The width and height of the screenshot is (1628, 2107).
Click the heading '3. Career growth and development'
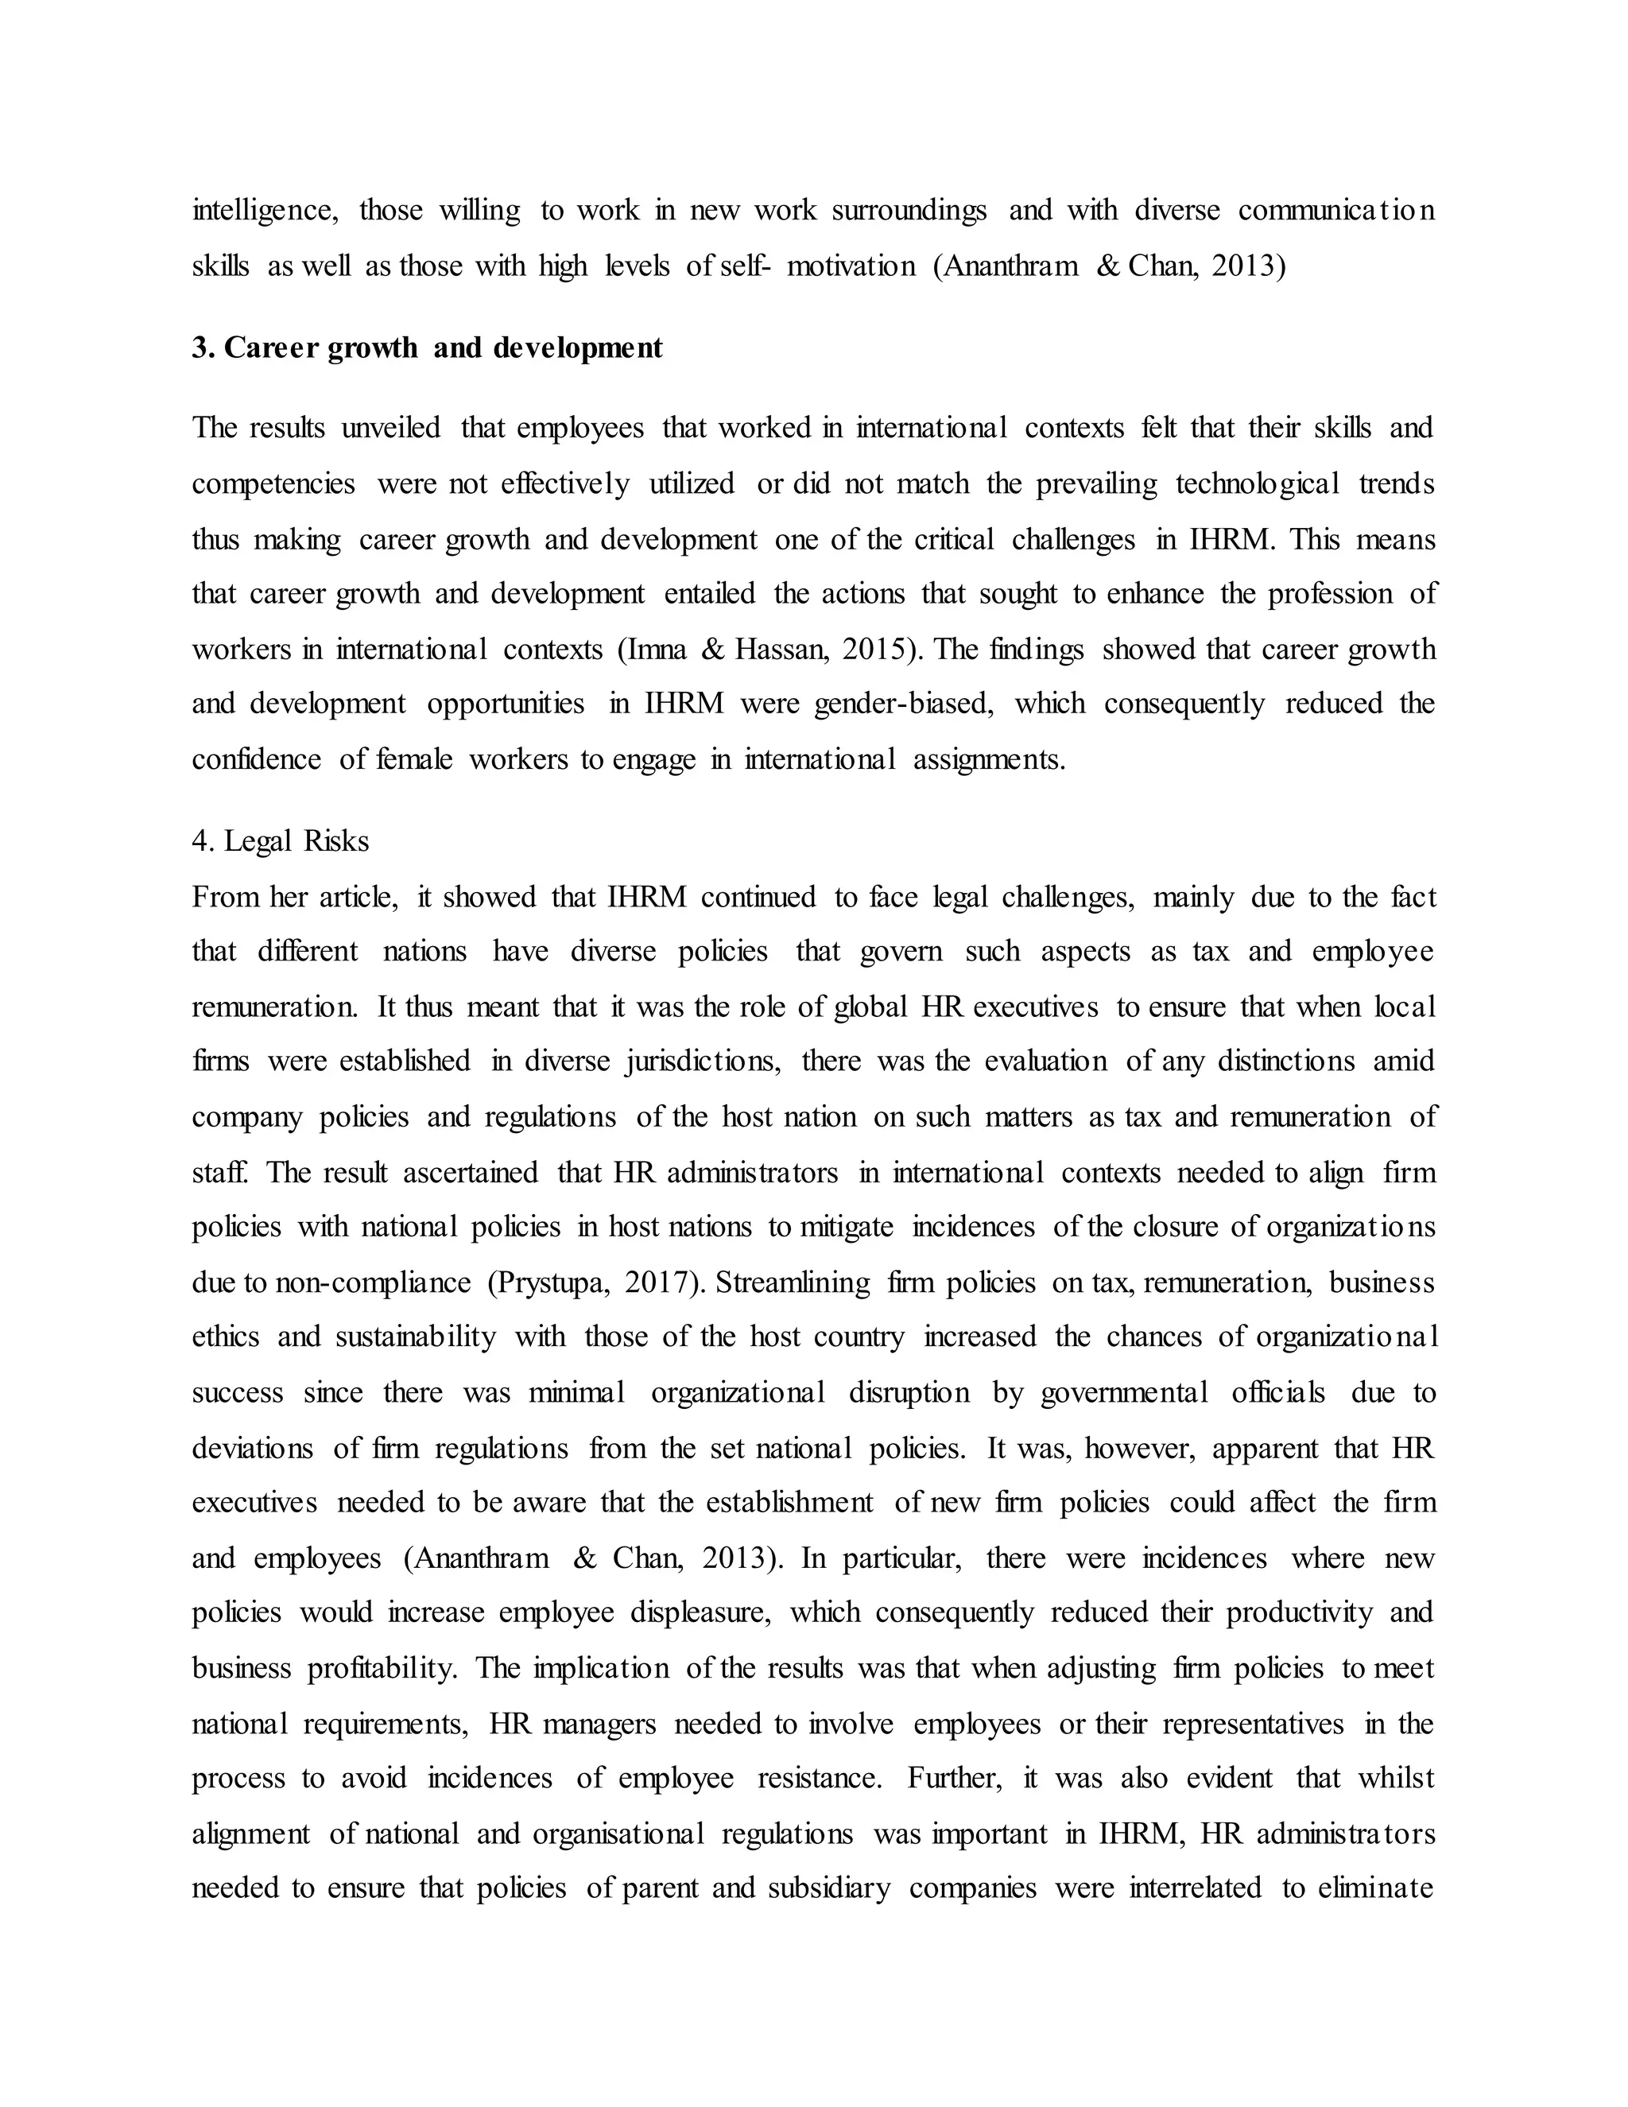tap(427, 348)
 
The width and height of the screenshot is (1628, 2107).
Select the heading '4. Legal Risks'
tap(280, 841)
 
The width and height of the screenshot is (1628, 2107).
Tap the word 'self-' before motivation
tap(745, 266)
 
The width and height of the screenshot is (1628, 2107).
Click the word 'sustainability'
tap(416, 1337)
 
